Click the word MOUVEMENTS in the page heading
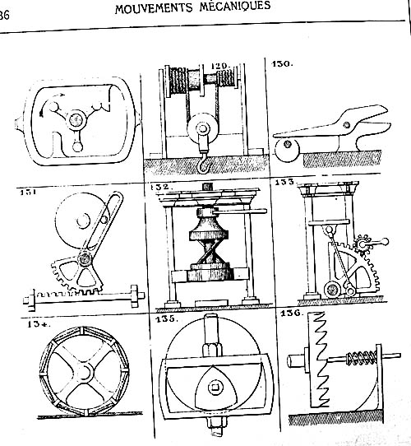tap(154, 8)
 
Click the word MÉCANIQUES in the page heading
tap(235, 6)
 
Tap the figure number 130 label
tap(282, 63)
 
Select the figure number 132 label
tap(161, 187)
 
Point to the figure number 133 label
tap(285, 182)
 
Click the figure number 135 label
tap(167, 318)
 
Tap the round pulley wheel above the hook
tap(202, 128)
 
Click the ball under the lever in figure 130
tap(288, 149)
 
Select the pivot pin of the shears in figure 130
tap(347, 124)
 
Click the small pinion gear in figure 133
tap(363, 244)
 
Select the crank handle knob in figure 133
tap(385, 242)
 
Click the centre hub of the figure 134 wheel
tap(85, 373)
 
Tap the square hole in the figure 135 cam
tap(215, 388)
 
